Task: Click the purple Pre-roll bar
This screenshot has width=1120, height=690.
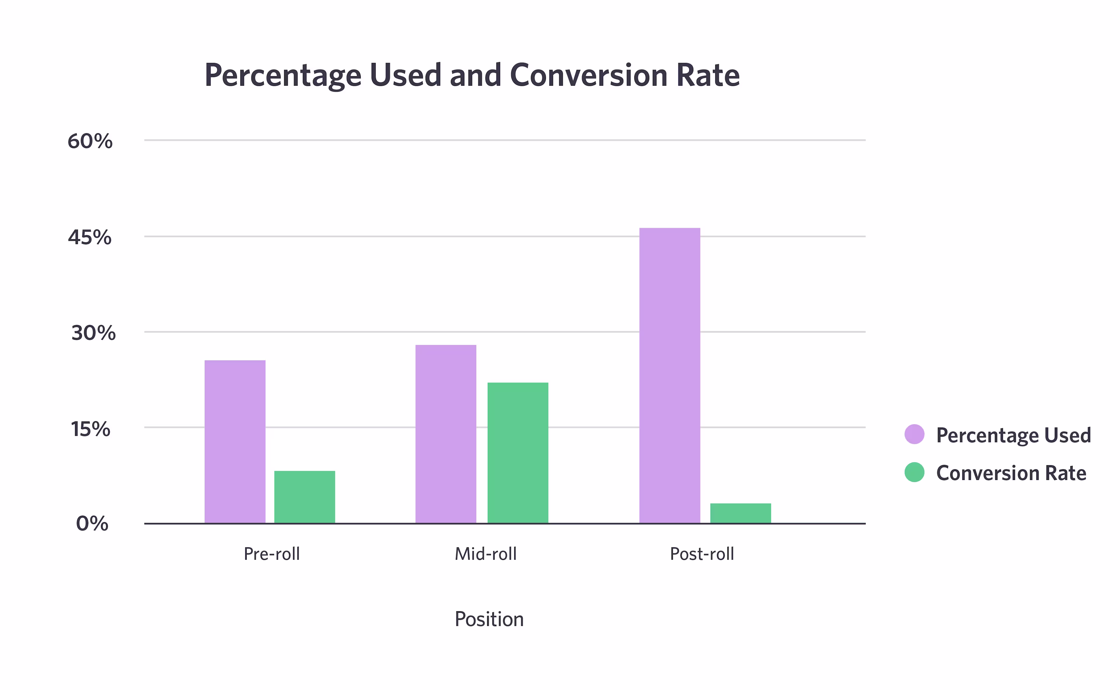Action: (235, 442)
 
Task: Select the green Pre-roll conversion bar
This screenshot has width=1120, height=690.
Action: (304, 497)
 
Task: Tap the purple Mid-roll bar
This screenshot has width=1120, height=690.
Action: (446, 434)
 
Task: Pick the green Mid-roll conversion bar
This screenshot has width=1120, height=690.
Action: (518, 453)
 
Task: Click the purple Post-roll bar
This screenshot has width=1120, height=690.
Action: (670, 376)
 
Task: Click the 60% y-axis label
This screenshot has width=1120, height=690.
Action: (90, 141)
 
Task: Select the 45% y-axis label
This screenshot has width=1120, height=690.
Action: (90, 237)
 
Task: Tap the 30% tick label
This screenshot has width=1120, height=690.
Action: (94, 333)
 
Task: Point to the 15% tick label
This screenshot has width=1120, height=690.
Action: (90, 429)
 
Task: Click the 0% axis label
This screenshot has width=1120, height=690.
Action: (92, 523)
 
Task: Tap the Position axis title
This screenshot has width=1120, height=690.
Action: (489, 619)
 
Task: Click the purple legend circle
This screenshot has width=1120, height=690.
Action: (915, 434)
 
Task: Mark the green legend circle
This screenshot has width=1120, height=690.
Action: (915, 472)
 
